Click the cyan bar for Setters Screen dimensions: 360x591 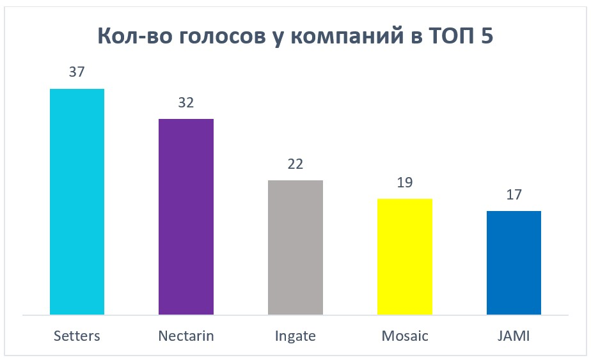[x=77, y=201]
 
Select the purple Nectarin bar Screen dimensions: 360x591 [x=186, y=217]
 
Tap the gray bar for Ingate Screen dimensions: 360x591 [x=295, y=247]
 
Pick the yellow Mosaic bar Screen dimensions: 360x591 [x=405, y=256]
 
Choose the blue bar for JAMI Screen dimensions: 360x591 [x=514, y=263]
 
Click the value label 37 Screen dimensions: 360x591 [x=77, y=72]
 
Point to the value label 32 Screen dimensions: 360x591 [x=186, y=102]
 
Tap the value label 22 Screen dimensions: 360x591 [x=295, y=164]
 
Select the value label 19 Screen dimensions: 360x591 [x=405, y=182]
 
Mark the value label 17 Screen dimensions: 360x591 [x=514, y=194]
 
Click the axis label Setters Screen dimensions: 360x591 [x=77, y=335]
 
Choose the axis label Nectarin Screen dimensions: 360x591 [x=186, y=335]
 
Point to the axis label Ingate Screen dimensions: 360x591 [x=295, y=336]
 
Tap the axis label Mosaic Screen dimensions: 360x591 [x=405, y=335]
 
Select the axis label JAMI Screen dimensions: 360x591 [x=514, y=335]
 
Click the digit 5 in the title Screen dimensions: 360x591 [x=487, y=36]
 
